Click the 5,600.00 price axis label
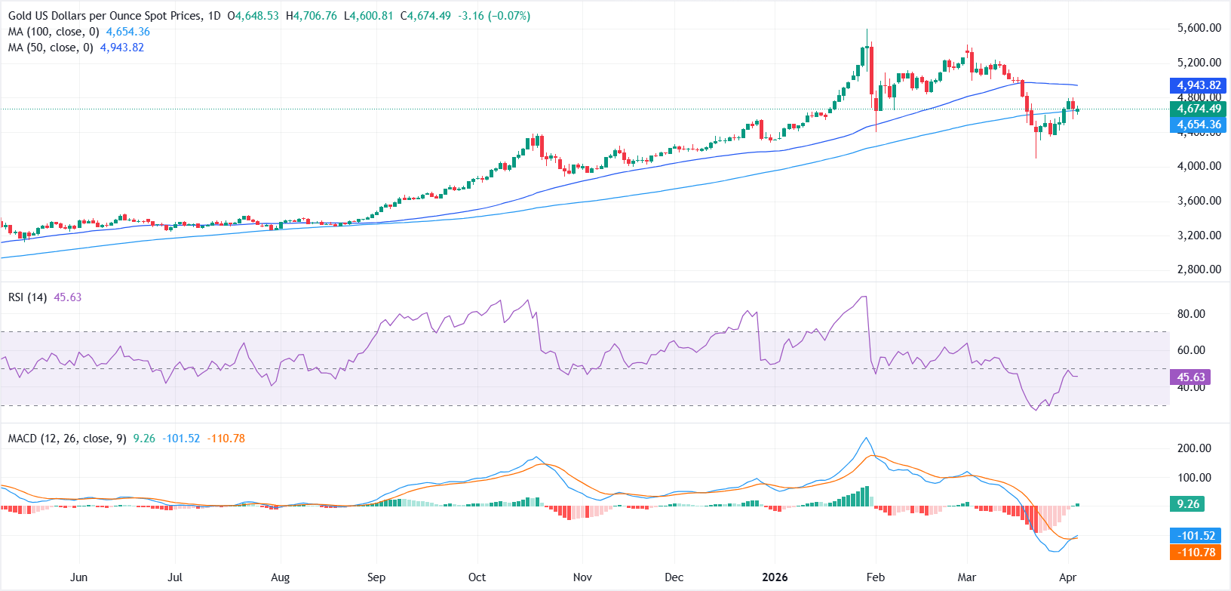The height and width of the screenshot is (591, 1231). pos(1199,28)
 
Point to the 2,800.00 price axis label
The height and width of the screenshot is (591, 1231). pos(1199,269)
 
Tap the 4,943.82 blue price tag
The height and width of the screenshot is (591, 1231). pos(1199,85)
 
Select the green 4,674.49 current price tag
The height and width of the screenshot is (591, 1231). pos(1199,109)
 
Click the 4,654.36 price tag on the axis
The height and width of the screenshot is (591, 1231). pos(1199,125)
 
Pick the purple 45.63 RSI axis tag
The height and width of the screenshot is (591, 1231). pos(1190,377)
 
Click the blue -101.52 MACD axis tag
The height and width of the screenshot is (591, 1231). pos(1197,536)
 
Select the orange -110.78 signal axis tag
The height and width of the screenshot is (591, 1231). pos(1197,553)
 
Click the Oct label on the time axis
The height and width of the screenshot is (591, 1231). pos(477,577)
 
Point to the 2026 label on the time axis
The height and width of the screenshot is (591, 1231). pos(775,577)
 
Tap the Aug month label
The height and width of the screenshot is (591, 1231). pos(280,577)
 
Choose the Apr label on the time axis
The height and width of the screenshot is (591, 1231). pos(1067,577)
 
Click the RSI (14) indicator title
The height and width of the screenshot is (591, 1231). pos(27,297)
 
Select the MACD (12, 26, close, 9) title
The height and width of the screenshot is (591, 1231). pos(67,439)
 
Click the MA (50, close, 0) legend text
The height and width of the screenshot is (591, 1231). pos(51,48)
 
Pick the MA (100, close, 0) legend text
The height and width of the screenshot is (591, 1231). pos(54,32)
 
